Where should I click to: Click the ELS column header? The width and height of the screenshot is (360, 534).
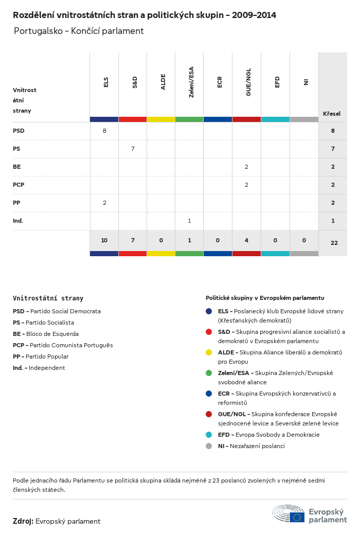click(x=106, y=82)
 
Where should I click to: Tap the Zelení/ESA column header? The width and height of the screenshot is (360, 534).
click(x=191, y=83)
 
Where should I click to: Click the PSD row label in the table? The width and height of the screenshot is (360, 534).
click(x=19, y=131)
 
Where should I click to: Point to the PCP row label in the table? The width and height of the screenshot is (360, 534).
click(x=19, y=185)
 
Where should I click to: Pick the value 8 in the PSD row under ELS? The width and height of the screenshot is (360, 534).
click(x=104, y=131)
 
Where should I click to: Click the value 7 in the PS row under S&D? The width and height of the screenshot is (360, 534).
click(x=133, y=149)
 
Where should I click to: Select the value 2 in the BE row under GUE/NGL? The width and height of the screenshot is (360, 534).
click(x=246, y=167)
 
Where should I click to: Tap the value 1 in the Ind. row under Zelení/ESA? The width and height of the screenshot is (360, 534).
click(x=189, y=221)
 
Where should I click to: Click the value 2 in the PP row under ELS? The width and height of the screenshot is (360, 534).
click(x=104, y=203)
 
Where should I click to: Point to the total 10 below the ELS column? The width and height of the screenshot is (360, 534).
click(x=104, y=240)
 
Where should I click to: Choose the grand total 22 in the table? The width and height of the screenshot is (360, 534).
click(x=334, y=243)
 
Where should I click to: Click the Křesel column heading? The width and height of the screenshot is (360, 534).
click(x=332, y=114)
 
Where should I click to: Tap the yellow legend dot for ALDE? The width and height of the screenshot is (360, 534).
click(x=209, y=352)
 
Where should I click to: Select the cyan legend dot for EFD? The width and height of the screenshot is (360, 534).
click(x=209, y=435)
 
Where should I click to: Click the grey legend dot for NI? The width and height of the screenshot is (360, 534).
click(x=209, y=446)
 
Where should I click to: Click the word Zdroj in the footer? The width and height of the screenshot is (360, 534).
click(x=23, y=521)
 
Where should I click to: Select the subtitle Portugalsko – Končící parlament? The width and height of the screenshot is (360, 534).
click(x=79, y=31)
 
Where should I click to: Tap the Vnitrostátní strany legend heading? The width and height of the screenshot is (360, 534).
click(x=48, y=298)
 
